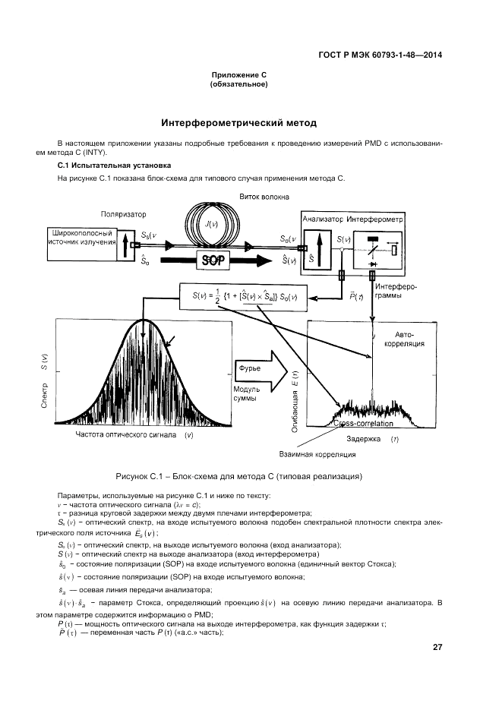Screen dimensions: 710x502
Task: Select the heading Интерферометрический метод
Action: click(x=239, y=122)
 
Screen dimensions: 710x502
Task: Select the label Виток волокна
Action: click(x=265, y=195)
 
